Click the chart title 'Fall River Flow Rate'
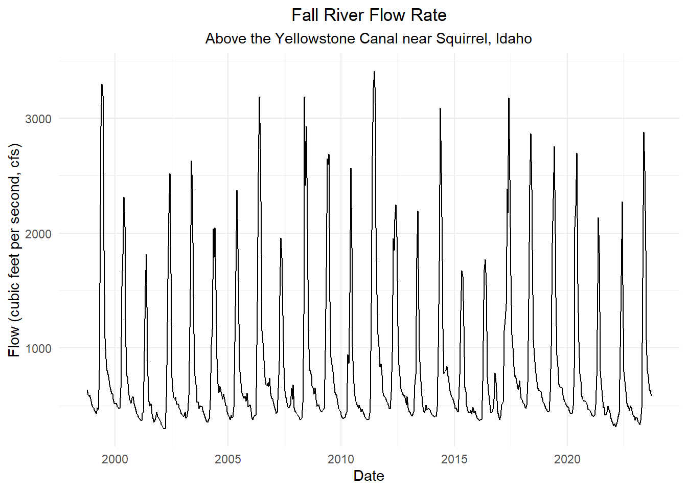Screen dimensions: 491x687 point(369,15)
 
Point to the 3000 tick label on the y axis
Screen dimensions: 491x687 point(38,119)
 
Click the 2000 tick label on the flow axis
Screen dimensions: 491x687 point(38,234)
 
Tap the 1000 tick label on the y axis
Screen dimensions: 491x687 point(38,349)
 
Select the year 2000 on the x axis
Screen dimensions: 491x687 point(115,459)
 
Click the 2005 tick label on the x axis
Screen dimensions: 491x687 point(228,459)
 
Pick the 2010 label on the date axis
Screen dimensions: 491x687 point(341,459)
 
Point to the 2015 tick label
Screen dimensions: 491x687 point(454,459)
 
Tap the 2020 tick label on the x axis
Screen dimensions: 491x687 point(567,459)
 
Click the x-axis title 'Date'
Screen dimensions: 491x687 point(369,476)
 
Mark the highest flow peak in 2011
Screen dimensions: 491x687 point(374,72)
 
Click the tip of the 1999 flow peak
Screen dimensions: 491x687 point(102,84)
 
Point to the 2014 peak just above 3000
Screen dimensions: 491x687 point(440,108)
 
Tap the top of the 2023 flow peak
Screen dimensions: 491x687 point(644,132)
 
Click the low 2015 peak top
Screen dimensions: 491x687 point(462,271)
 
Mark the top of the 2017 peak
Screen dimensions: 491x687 point(509,98)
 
